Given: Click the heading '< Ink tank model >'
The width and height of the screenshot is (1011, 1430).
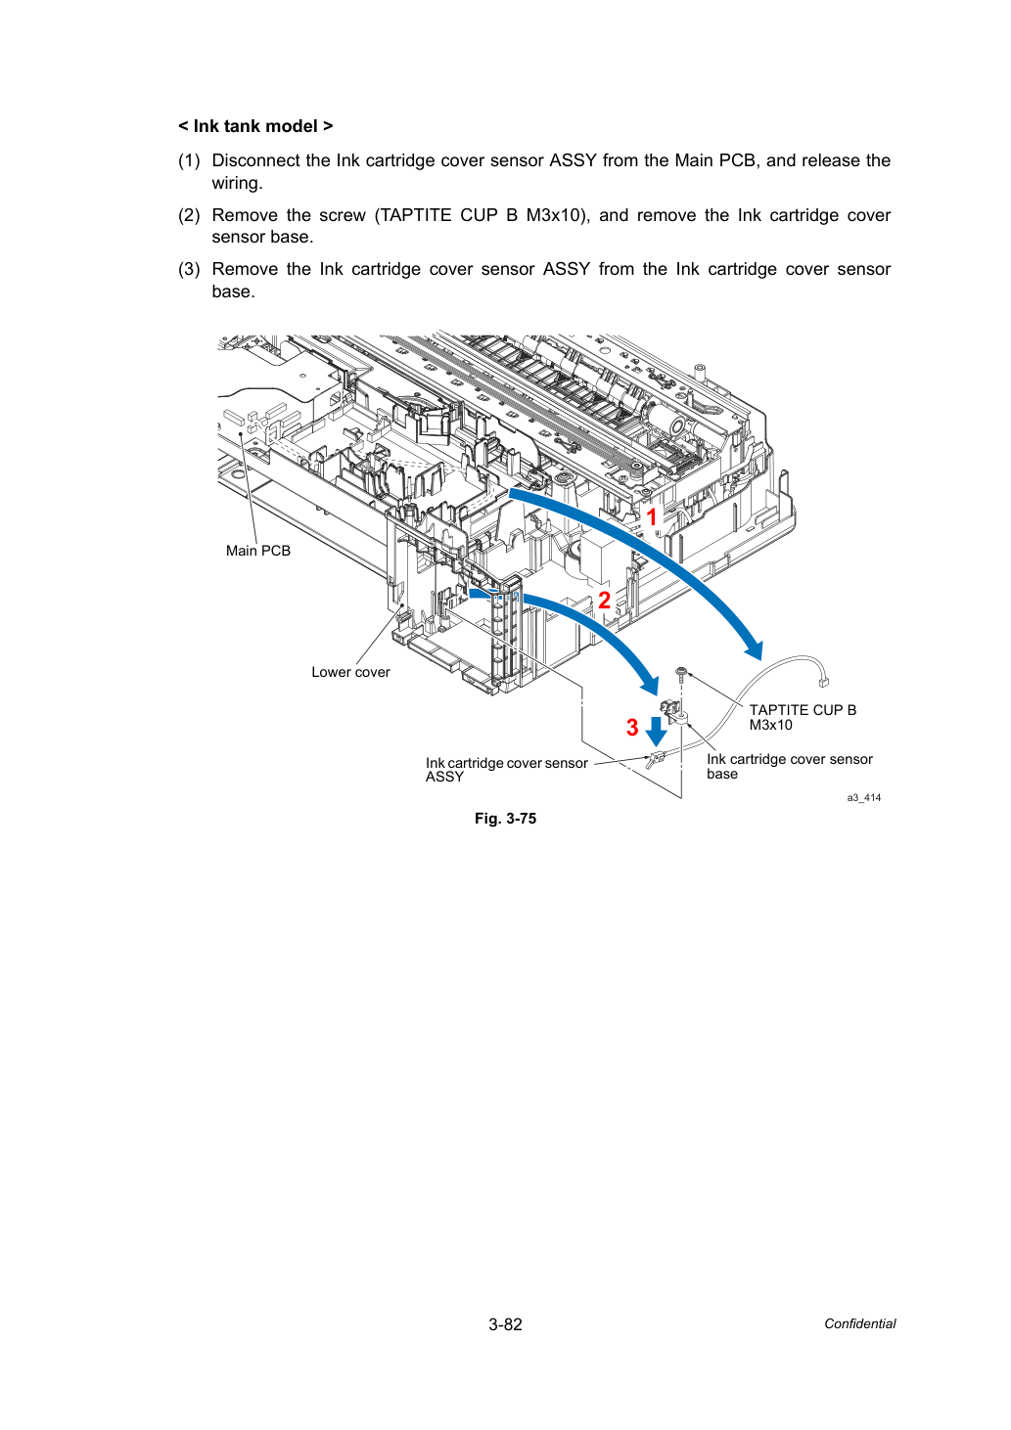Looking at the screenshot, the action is click(255, 126).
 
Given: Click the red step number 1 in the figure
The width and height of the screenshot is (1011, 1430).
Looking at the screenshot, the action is click(652, 517).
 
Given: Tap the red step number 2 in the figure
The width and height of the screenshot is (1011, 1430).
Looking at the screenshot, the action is click(604, 601).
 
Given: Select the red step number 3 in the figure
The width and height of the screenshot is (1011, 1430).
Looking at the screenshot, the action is click(632, 727).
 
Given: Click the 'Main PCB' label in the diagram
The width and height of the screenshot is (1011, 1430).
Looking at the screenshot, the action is click(258, 551).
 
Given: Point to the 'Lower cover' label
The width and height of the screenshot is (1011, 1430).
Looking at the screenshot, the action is click(350, 672).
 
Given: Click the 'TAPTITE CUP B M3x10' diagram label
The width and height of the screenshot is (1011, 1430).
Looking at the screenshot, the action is click(803, 717).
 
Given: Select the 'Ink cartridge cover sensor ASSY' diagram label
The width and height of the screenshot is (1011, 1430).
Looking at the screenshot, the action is click(506, 769).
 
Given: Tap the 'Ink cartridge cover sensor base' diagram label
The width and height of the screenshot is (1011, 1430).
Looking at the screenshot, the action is click(790, 766).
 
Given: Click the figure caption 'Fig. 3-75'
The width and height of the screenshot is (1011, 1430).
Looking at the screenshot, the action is click(505, 819).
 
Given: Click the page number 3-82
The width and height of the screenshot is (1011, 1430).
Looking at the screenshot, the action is click(505, 1324).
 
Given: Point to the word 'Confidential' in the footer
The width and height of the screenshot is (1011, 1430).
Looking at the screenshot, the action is click(859, 1324).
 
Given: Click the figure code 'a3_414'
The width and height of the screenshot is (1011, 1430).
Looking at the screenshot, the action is click(863, 797).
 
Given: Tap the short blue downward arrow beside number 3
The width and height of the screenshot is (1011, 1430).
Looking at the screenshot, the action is click(656, 732).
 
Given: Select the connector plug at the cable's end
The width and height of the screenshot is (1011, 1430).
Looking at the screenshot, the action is click(823, 683).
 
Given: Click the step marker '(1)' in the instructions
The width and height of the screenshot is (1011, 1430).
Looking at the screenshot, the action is click(189, 160).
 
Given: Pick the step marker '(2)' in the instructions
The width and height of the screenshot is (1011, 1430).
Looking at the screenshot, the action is click(189, 215).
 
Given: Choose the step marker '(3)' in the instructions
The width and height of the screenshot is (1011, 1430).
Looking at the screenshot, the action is click(189, 269).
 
